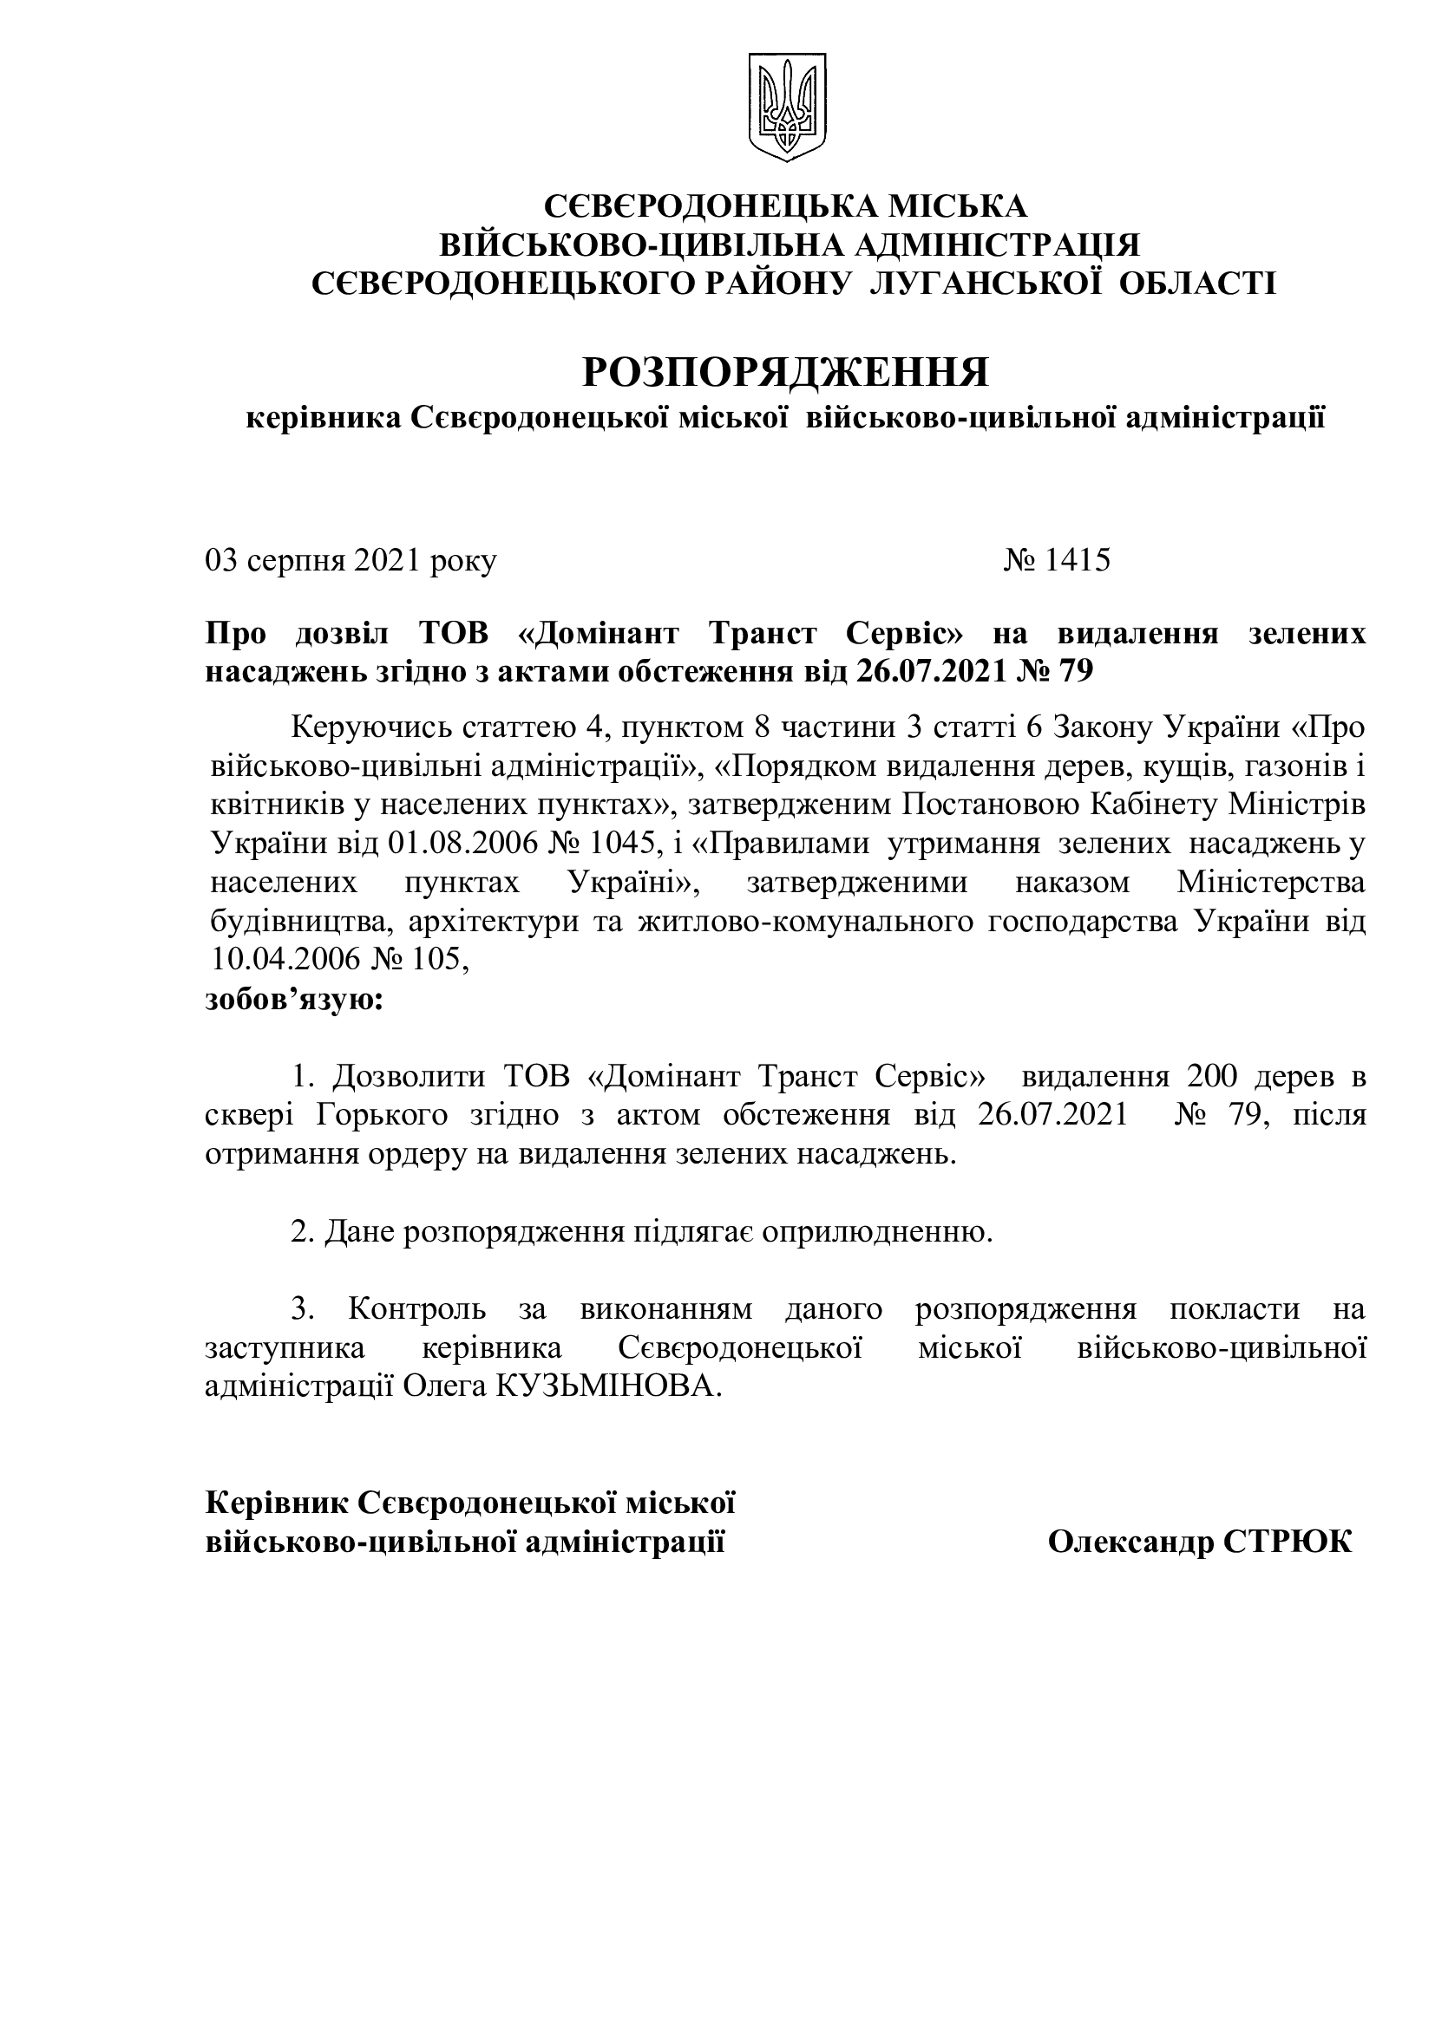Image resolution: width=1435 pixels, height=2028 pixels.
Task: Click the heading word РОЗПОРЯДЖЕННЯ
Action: click(785, 374)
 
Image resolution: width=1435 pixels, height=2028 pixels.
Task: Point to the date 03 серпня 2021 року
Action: click(351, 560)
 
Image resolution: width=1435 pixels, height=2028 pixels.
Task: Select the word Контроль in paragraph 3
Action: click(416, 1308)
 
